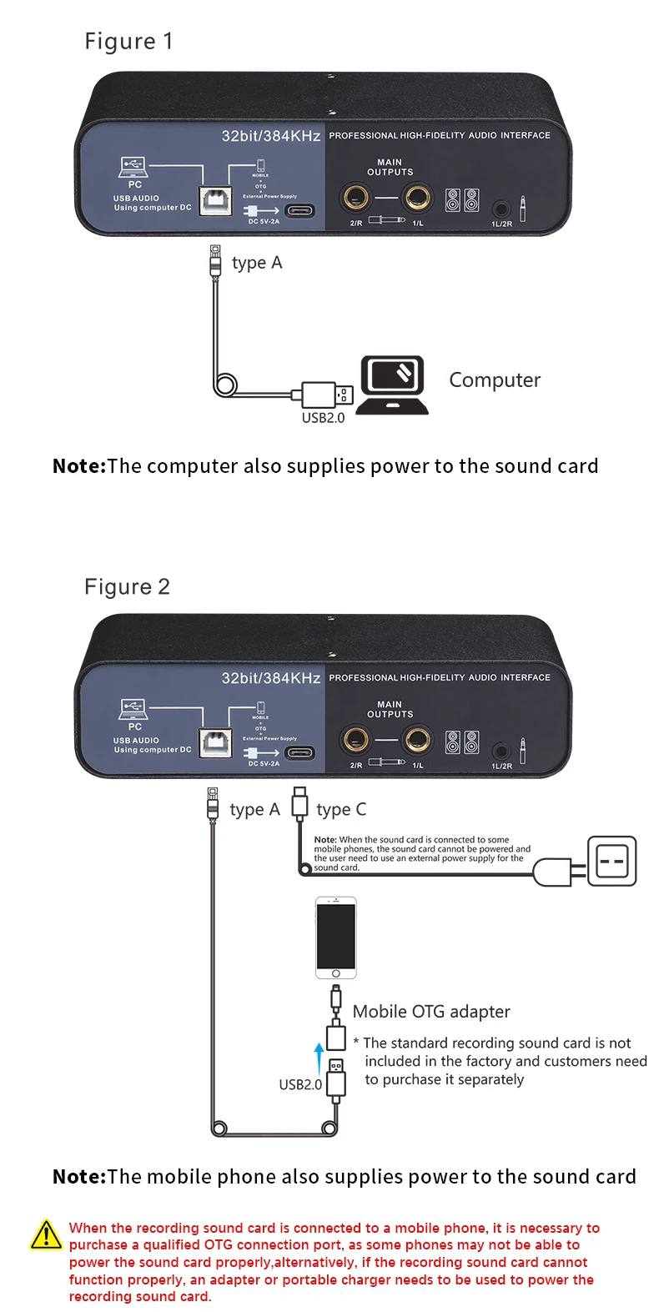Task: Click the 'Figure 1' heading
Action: [128, 42]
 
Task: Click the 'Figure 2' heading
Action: [127, 587]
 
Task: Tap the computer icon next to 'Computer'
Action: [392, 385]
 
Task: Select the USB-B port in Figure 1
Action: [215, 201]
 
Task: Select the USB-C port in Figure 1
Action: [300, 210]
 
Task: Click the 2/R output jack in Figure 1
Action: [355, 199]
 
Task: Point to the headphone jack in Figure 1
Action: [501, 209]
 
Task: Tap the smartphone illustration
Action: [336, 938]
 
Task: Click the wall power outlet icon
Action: [611, 861]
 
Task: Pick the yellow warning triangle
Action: [46, 1235]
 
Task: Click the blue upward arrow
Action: [318, 1057]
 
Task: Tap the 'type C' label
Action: [341, 810]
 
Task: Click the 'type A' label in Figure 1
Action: [257, 264]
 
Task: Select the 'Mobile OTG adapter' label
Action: [431, 1012]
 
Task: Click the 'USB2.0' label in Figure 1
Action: [323, 418]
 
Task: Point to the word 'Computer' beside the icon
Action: [495, 380]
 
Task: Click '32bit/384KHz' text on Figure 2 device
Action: [271, 678]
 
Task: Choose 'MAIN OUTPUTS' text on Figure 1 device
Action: [390, 168]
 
